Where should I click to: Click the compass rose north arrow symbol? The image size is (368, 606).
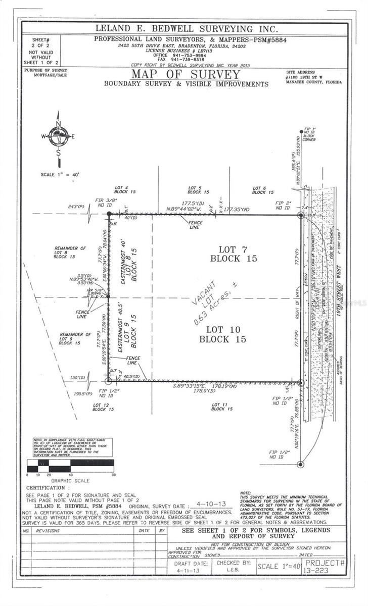click(59, 137)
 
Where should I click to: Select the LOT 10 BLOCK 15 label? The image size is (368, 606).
click(222, 334)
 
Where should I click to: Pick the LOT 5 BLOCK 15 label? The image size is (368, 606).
click(198, 190)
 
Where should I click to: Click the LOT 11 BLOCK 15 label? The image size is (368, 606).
click(221, 407)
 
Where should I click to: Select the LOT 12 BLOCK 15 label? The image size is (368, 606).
click(103, 407)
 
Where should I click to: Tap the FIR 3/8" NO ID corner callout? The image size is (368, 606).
click(106, 203)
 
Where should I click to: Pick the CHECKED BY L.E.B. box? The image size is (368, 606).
click(234, 566)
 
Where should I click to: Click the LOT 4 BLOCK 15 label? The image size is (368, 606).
click(125, 190)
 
